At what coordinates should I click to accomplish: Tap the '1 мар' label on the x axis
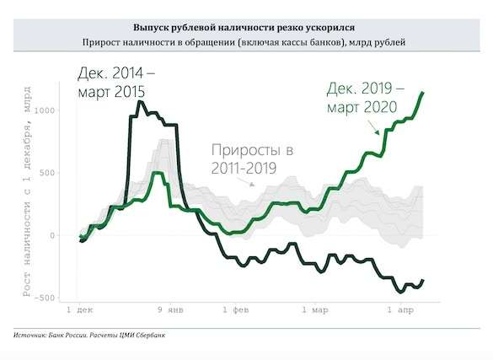coord(313,310)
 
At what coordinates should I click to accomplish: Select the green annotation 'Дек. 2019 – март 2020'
coord(365,98)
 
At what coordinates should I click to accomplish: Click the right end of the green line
coord(423,92)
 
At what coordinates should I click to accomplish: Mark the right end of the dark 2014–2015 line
coord(423,280)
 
